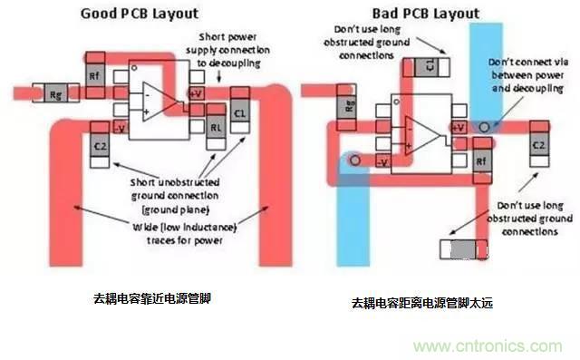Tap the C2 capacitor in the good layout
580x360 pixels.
pos(100,145)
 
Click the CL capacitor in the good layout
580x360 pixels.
pos(239,112)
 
